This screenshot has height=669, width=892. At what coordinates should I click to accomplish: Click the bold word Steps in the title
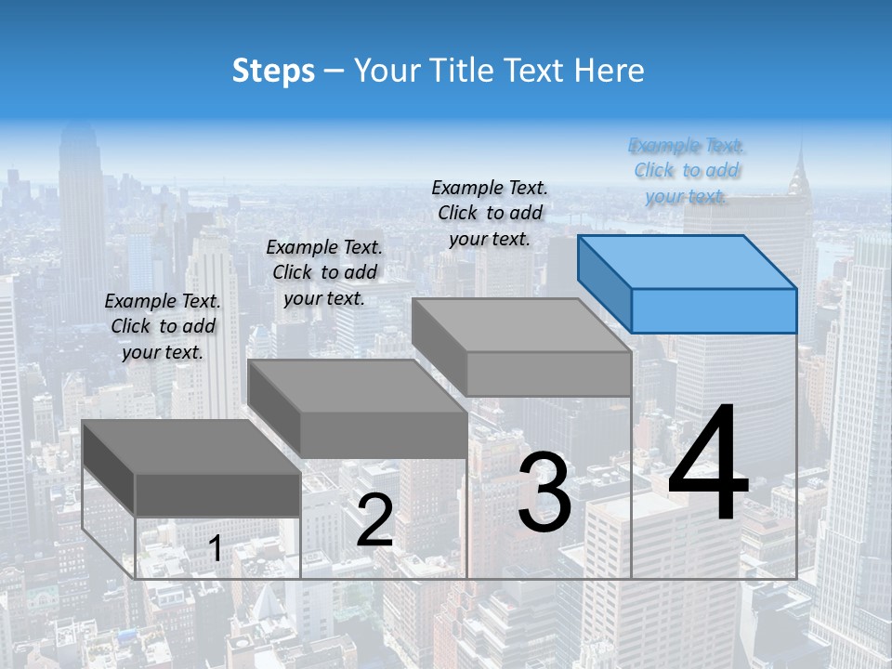pyautogui.click(x=273, y=71)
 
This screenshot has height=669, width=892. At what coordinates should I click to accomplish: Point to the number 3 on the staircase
pyautogui.click(x=544, y=492)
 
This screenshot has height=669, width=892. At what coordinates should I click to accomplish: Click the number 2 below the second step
pyautogui.click(x=374, y=520)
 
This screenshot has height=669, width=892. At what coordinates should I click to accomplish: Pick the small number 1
pyautogui.click(x=215, y=549)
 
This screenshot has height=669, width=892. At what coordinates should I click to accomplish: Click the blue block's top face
pyautogui.click(x=686, y=261)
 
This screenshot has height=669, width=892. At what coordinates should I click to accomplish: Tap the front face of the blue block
pyautogui.click(x=714, y=310)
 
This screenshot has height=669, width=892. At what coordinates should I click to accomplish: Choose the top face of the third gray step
pyautogui.click(x=520, y=325)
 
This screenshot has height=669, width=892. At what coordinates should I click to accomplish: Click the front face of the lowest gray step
pyautogui.click(x=218, y=494)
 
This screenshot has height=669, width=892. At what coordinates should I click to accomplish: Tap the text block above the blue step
pyautogui.click(x=687, y=171)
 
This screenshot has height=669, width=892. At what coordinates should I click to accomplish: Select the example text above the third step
pyautogui.click(x=490, y=213)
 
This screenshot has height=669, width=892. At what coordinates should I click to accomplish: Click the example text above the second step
pyautogui.click(x=324, y=272)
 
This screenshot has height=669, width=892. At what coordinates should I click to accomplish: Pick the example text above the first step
pyautogui.click(x=163, y=326)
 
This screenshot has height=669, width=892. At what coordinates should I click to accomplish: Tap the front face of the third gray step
pyautogui.click(x=548, y=374)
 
